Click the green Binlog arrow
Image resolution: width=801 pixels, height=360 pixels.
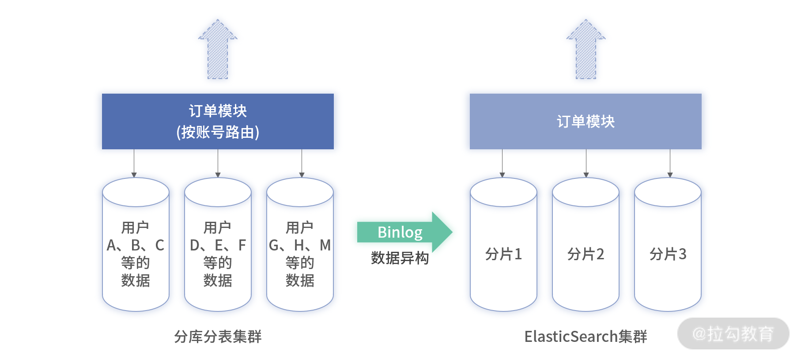click(404, 232)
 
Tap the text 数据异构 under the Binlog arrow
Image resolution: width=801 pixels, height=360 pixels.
click(400, 258)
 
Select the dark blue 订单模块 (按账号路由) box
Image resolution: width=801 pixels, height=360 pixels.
click(218, 121)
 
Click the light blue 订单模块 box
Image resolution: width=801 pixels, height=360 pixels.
click(586, 121)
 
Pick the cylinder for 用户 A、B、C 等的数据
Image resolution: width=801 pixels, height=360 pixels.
click(136, 244)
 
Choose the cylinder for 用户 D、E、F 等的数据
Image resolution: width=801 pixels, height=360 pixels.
click(218, 244)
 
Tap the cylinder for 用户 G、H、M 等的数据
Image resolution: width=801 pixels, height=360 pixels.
click(300, 244)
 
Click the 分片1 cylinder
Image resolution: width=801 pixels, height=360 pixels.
click(503, 244)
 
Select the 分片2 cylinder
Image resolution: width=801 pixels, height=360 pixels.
click(586, 244)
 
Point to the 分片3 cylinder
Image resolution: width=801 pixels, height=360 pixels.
click(668, 244)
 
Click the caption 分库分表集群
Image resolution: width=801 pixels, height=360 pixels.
click(218, 337)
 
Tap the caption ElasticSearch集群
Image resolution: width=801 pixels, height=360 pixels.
click(586, 337)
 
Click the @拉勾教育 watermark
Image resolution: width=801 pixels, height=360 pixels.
click(733, 333)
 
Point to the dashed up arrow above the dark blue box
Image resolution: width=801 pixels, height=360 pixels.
click(218, 49)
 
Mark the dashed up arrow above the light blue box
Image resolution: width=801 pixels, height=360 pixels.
click(586, 49)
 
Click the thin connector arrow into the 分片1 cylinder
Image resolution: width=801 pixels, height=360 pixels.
click(502, 163)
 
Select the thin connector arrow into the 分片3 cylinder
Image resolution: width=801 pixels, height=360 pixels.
click(670, 163)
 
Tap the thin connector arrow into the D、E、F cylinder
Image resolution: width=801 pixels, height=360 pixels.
click(218, 163)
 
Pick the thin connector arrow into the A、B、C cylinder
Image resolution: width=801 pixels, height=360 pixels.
click(134, 163)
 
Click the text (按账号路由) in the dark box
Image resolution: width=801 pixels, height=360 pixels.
click(218, 132)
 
